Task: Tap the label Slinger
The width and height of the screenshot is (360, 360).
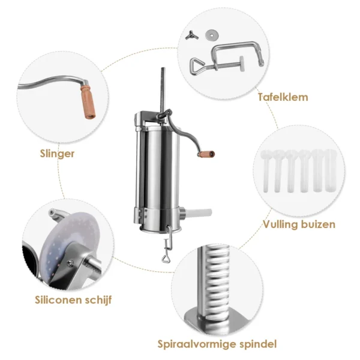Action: [55, 153]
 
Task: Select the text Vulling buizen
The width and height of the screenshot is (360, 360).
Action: [299, 225]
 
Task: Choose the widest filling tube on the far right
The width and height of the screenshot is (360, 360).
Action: [331, 172]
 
